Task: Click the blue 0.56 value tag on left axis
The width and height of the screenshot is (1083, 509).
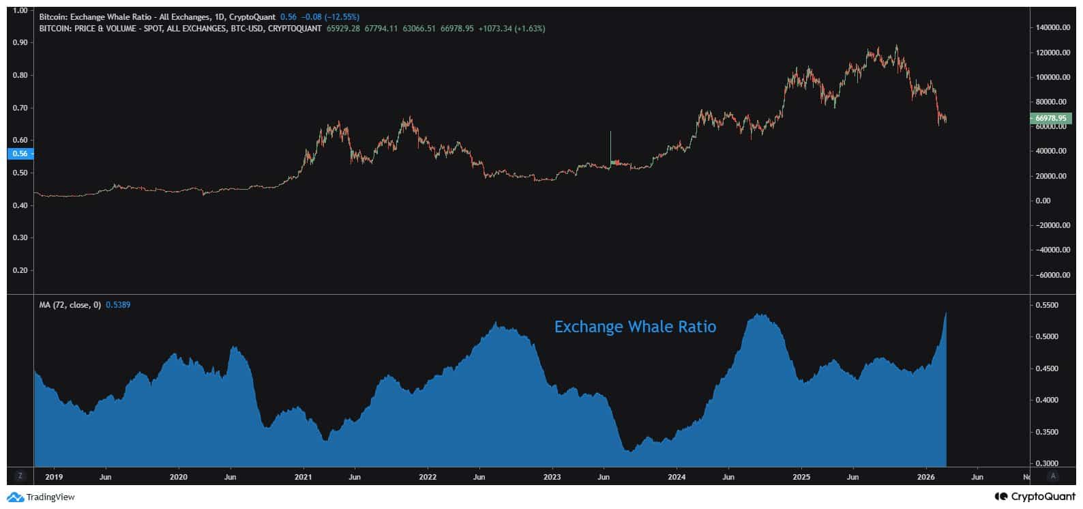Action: pyautogui.click(x=20, y=154)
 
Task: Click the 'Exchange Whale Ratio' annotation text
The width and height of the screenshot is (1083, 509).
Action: pyautogui.click(x=635, y=327)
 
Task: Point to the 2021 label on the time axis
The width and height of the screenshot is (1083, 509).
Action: pyautogui.click(x=303, y=477)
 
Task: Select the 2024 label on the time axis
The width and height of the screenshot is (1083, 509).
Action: pyautogui.click(x=677, y=477)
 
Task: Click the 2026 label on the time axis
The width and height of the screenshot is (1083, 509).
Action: pyautogui.click(x=925, y=477)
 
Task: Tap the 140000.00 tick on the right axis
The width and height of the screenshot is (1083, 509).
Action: pyautogui.click(x=1052, y=28)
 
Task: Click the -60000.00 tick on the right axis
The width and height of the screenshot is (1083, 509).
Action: pyautogui.click(x=1052, y=275)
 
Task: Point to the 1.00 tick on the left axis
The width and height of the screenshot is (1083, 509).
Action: pyautogui.click(x=20, y=10)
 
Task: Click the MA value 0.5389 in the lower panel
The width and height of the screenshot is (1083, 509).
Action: pyautogui.click(x=118, y=305)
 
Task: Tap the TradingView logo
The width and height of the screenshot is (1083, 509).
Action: pyautogui.click(x=41, y=497)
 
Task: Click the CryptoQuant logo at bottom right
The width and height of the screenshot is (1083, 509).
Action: pyautogui.click(x=1035, y=497)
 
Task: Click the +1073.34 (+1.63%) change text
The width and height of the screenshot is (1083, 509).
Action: pyautogui.click(x=512, y=29)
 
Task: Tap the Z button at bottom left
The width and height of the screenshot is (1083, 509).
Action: pyautogui.click(x=20, y=476)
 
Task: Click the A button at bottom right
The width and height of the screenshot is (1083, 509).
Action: pyautogui.click(x=1053, y=476)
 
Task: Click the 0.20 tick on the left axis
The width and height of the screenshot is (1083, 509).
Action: pyautogui.click(x=20, y=270)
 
